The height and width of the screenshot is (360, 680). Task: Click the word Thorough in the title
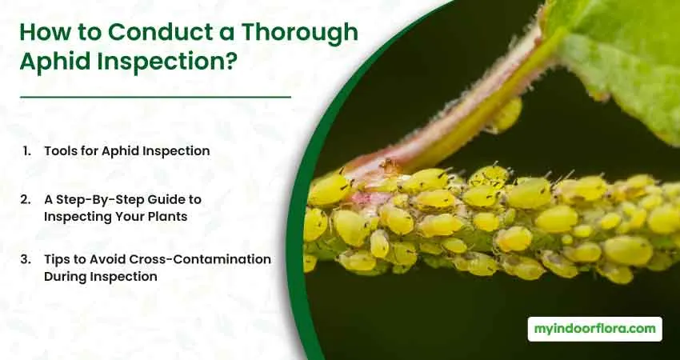point(300,33)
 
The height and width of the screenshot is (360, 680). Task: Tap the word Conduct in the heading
point(164,32)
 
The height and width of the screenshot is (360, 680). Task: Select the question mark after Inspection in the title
point(230,61)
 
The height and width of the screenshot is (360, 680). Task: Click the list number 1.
point(27,151)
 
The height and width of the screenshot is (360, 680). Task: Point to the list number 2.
point(26,199)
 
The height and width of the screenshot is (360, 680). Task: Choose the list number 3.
point(26,259)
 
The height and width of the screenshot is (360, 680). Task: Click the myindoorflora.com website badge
point(594,329)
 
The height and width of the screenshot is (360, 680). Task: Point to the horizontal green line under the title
point(155,97)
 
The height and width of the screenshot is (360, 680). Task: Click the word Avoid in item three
point(110,259)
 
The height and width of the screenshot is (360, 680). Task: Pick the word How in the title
point(39,32)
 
